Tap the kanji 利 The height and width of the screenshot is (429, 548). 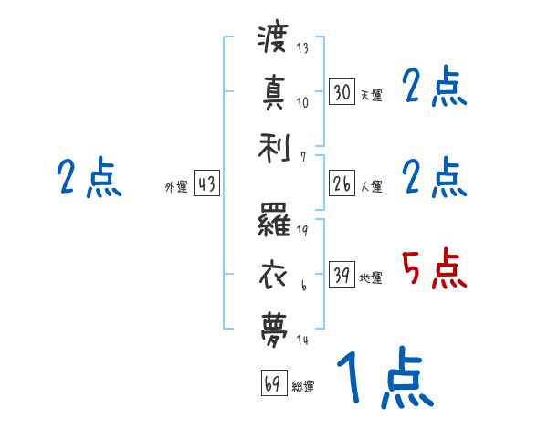point(273,146)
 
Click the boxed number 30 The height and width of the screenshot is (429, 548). point(342,91)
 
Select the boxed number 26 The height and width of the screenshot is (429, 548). point(342,184)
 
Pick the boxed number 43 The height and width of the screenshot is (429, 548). point(206,184)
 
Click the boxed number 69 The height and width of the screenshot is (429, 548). point(272,383)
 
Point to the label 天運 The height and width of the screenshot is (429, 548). point(371,95)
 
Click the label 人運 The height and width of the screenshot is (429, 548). point(371,187)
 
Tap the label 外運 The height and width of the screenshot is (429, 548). point(176,187)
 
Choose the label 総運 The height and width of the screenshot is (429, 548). point(303,387)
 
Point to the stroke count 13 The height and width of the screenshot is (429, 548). point(302,48)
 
